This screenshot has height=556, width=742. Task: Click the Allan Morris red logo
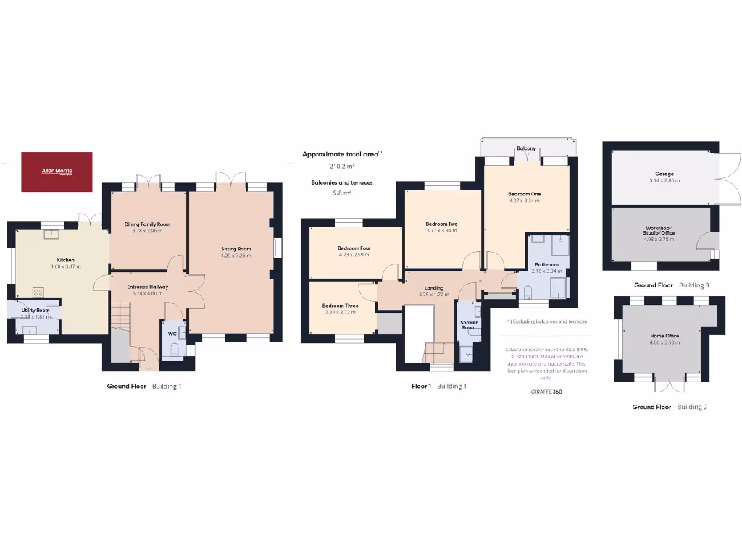pos(57,172)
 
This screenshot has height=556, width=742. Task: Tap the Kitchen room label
pos(66,260)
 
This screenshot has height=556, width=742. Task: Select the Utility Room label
pos(35,310)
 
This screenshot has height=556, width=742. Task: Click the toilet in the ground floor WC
pos(172,350)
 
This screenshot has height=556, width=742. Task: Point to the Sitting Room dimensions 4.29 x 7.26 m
pos(235,256)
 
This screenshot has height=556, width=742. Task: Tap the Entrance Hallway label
pos(147,287)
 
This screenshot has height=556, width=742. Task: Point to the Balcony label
pos(526,148)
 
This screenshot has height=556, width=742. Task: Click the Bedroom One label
pos(524,194)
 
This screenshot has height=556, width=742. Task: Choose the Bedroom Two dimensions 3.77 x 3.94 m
pos(441,231)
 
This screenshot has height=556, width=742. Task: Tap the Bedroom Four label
pos(354,248)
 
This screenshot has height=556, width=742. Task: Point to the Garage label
pos(664,174)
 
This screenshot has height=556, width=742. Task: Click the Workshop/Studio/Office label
pos(659,231)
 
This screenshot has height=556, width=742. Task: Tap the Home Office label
pos(664,336)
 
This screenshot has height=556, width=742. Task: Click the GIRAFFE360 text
pos(546,392)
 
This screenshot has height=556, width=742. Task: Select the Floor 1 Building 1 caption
pos(438,387)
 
